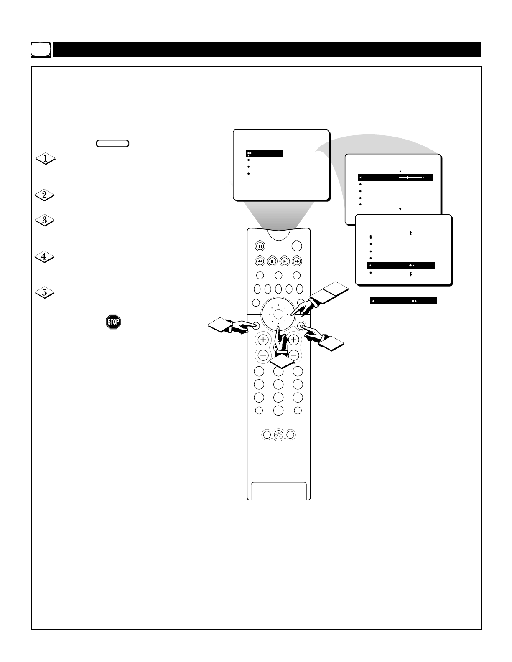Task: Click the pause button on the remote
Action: (x=260, y=246)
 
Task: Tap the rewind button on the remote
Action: (x=260, y=261)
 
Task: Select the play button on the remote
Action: (x=284, y=261)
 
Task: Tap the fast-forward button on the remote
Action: (x=297, y=261)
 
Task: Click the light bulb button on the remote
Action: (x=278, y=435)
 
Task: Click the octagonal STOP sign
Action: (x=113, y=322)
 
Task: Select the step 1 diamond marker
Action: (x=46, y=158)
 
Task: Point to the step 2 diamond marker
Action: (x=44, y=195)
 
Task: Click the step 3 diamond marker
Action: (x=44, y=220)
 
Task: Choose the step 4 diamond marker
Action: (x=44, y=256)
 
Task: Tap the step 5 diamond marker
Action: (x=44, y=292)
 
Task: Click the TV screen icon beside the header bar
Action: (x=41, y=50)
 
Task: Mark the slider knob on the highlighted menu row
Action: (x=407, y=178)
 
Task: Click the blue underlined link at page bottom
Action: (x=83, y=658)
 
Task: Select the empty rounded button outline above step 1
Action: (x=112, y=144)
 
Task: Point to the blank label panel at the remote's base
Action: (x=278, y=491)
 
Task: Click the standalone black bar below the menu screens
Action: (x=403, y=301)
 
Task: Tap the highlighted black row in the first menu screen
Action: (x=265, y=153)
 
